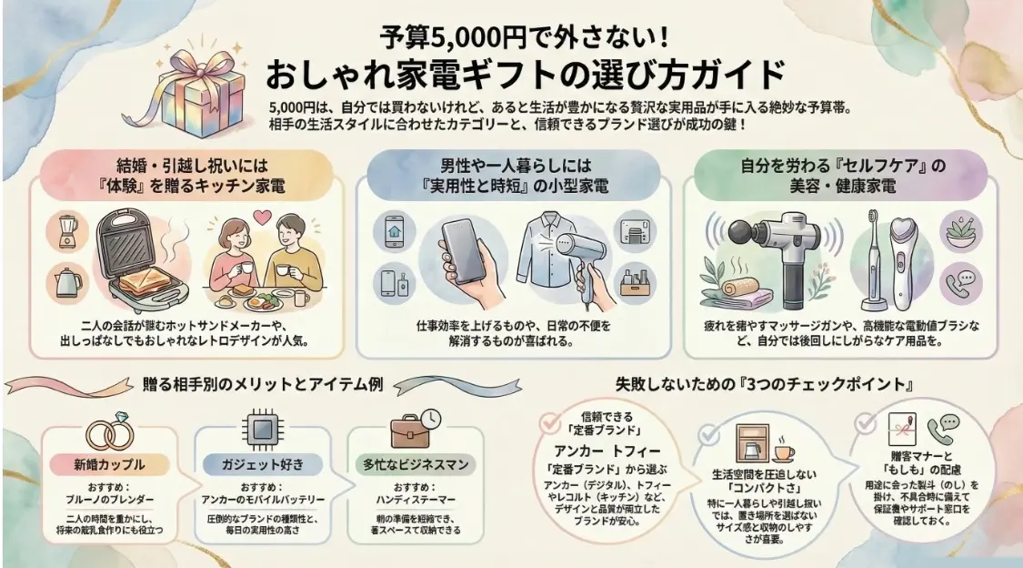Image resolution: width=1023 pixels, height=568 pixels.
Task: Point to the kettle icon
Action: (68, 283)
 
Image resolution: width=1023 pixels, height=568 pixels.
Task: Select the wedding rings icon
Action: (109, 434)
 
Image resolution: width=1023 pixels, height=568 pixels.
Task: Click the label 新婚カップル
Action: (109, 464)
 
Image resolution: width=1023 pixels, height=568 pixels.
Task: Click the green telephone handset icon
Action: (936, 424)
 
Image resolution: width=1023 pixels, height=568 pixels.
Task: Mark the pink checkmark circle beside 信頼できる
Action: (547, 422)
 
